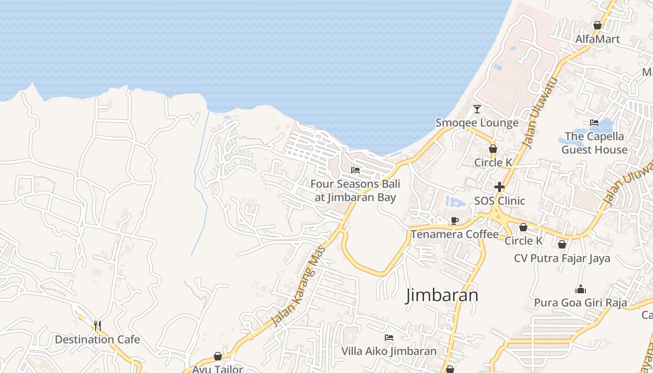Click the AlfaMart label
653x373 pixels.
click(x=597, y=39)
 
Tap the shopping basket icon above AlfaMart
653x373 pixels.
click(x=597, y=25)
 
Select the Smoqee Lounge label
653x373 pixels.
click(x=477, y=123)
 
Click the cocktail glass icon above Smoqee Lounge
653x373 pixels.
click(x=477, y=109)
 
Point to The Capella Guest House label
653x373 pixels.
click(x=594, y=143)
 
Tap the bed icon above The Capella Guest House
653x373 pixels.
click(x=594, y=123)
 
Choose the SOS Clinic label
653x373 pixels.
click(x=500, y=201)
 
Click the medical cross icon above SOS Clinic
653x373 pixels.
click(x=500, y=187)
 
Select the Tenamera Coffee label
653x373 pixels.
click(x=454, y=234)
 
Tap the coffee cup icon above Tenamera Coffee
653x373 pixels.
click(x=454, y=221)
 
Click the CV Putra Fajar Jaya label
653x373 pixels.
click(x=562, y=258)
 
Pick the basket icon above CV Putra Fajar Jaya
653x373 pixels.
click(x=562, y=244)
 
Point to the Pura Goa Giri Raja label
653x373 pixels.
click(x=580, y=303)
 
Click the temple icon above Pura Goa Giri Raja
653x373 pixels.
click(x=580, y=290)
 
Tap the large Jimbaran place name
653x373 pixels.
click(x=442, y=296)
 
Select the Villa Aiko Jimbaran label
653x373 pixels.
click(x=389, y=351)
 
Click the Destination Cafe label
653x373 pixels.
click(x=97, y=339)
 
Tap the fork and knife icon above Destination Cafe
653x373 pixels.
click(x=97, y=325)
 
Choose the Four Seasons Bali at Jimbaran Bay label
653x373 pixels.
click(x=355, y=191)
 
